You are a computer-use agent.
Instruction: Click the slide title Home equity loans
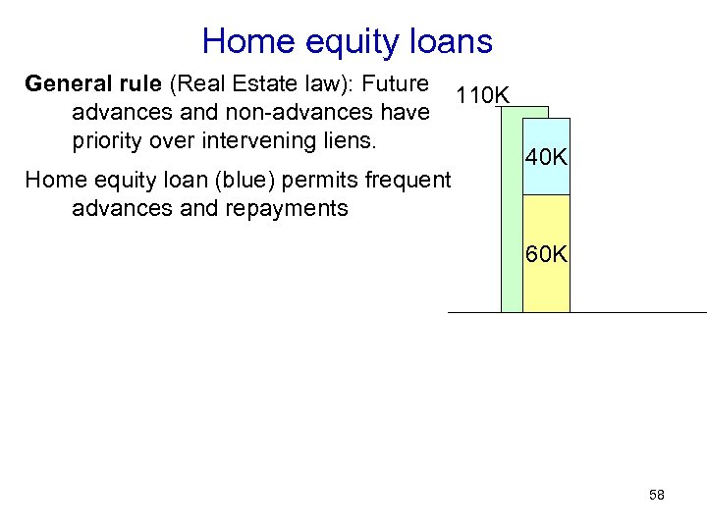coord(347,41)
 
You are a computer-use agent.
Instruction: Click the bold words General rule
coord(83,83)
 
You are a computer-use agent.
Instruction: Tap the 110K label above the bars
coord(481,95)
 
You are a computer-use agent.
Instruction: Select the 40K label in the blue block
coord(546,158)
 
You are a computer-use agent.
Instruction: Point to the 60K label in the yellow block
coord(546,254)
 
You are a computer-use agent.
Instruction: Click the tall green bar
coord(511,216)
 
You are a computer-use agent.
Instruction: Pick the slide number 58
coord(657,496)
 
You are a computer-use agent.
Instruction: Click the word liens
coord(351,140)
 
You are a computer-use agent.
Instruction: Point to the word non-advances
coord(276,112)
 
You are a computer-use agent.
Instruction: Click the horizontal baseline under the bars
coord(628,312)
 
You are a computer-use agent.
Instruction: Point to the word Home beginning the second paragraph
coord(51,181)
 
